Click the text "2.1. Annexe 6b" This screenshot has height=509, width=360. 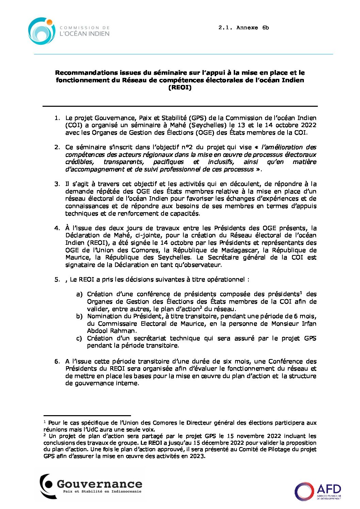point(243,28)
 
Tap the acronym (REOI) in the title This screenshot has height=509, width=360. point(180,88)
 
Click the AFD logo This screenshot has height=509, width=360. point(318,491)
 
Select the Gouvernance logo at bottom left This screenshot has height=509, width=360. point(91,486)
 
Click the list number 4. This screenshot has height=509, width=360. point(57,228)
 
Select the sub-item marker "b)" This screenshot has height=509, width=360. point(79,317)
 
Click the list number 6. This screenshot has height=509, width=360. point(57,361)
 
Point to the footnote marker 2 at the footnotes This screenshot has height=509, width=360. point(45,435)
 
